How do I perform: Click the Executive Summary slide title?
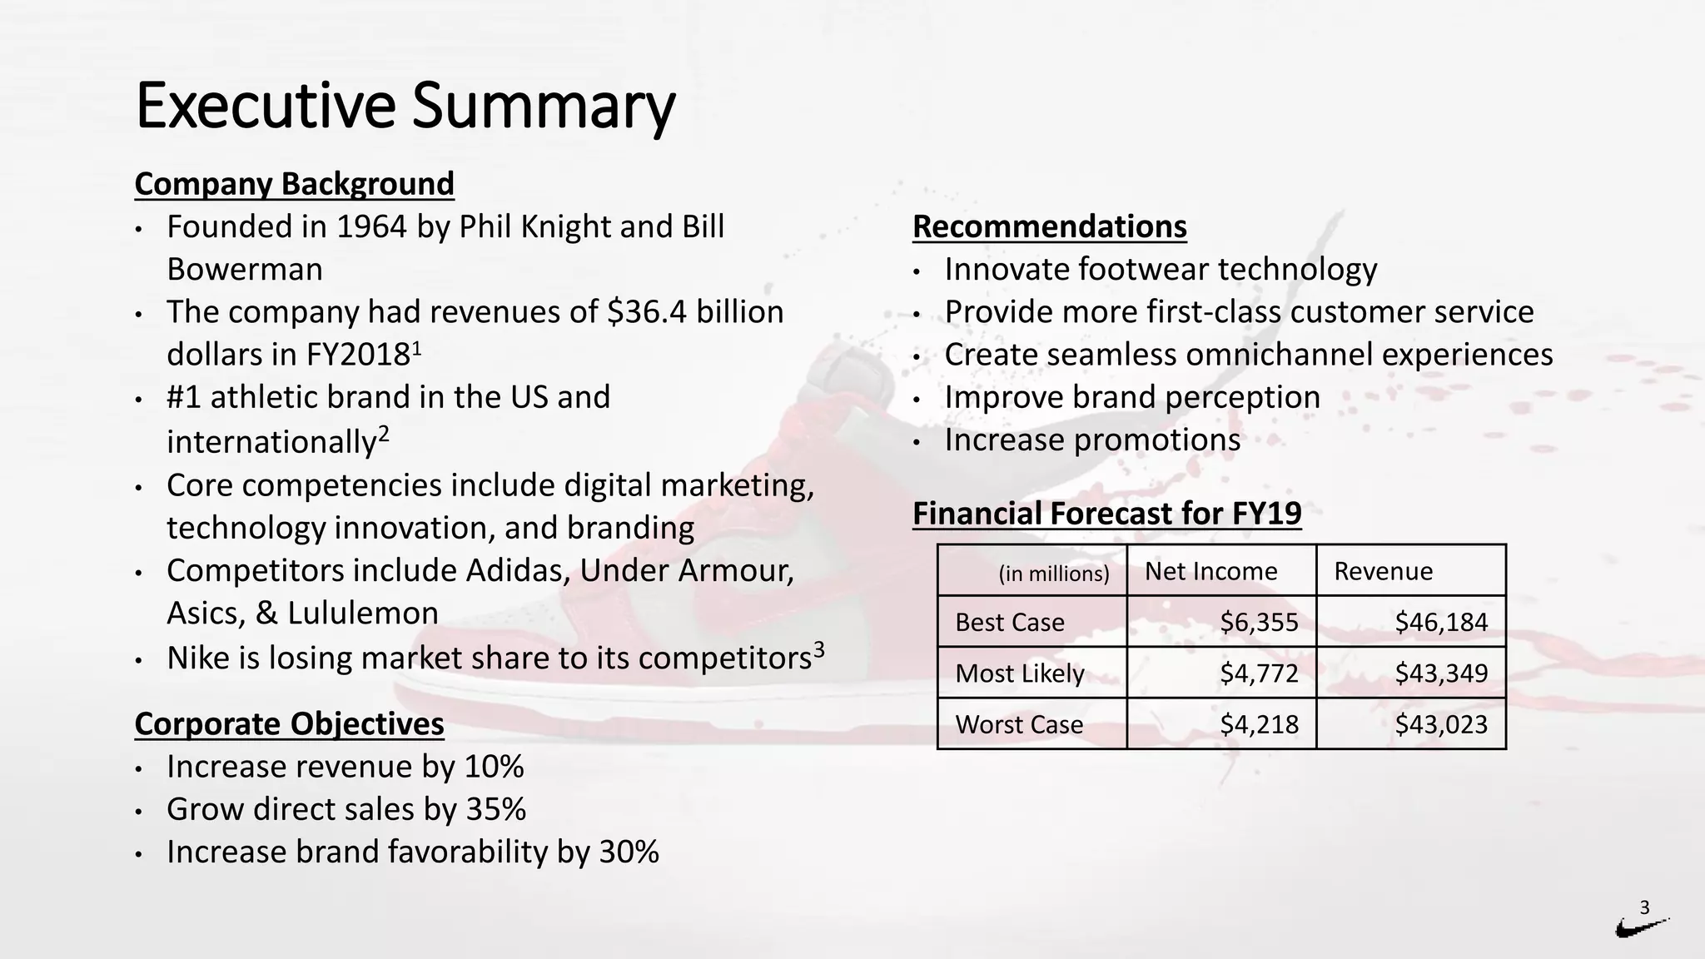point(405,106)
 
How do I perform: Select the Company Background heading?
point(294,184)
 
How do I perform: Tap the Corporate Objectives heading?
point(289,724)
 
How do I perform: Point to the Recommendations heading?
point(1049,226)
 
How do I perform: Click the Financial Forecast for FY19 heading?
point(1106,514)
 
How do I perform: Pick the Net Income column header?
point(1210,571)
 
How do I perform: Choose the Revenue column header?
point(1383,571)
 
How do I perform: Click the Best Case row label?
point(1009,622)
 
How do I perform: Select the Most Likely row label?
point(1019,673)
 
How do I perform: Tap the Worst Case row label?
point(1018,724)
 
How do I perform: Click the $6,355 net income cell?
point(1258,622)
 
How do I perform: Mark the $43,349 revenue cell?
point(1440,673)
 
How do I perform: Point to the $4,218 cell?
point(1258,724)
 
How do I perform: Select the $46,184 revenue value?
point(1440,622)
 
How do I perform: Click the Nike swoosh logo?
point(1641,927)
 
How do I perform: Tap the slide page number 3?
point(1644,907)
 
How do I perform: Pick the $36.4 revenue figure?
point(647,312)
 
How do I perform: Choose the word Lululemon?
point(362,614)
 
